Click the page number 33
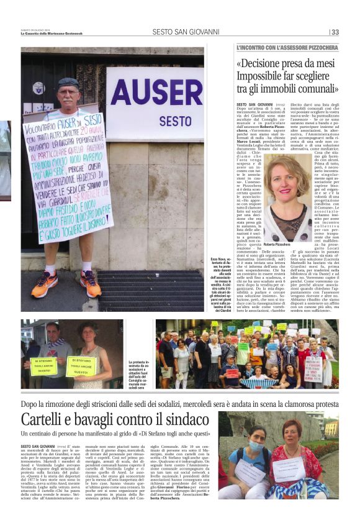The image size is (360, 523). pyautogui.click(x=335, y=32)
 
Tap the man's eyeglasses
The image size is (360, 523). pyautogui.click(x=68, y=93)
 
